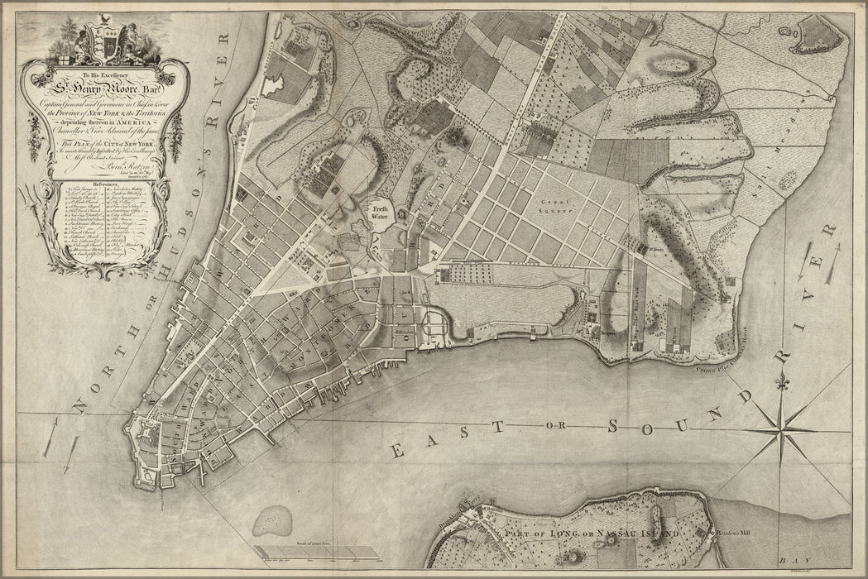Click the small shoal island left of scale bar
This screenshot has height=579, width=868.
click(x=269, y=522)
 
